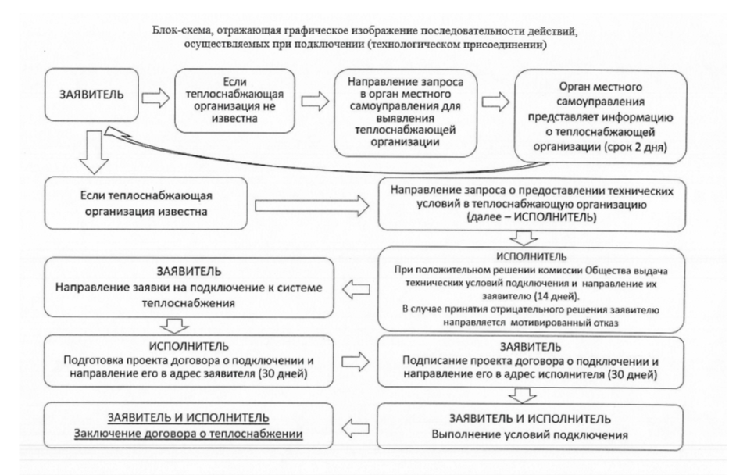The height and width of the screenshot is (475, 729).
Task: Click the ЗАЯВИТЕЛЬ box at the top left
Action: [86, 100]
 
